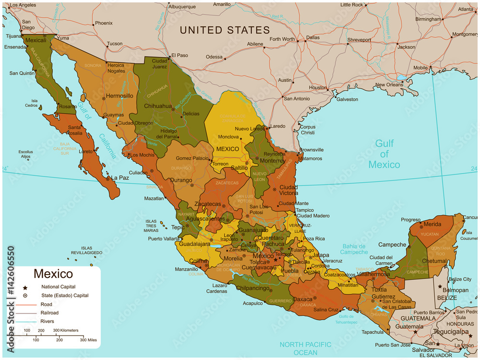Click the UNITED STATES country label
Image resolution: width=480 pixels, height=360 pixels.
(x=225, y=30)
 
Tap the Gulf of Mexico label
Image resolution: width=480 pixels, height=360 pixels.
(x=384, y=154)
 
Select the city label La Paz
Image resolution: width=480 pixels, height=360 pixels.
(x=120, y=178)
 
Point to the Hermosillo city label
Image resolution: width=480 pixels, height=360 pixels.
(x=120, y=96)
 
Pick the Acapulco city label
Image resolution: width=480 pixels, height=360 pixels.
(x=253, y=303)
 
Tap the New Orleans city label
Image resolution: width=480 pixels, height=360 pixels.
(x=389, y=85)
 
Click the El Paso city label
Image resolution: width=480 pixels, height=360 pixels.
(x=180, y=55)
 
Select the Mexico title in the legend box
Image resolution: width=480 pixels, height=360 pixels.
(x=53, y=274)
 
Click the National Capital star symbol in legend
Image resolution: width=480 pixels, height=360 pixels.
(x=24, y=287)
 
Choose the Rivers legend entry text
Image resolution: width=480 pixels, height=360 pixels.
(x=47, y=321)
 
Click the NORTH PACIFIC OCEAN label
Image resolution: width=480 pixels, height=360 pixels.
(x=305, y=348)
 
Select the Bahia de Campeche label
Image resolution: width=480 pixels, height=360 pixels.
(x=354, y=249)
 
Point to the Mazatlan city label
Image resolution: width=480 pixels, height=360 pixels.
(x=154, y=198)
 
